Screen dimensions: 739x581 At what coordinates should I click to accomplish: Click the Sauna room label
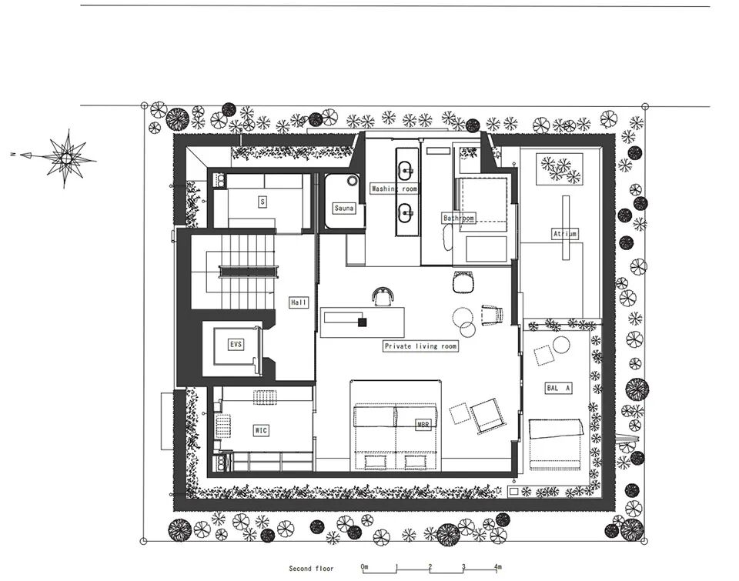pyautogui.click(x=343, y=208)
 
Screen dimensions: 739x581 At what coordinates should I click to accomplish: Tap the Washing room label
pyautogui.click(x=394, y=189)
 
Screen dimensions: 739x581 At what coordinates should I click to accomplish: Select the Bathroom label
pyautogui.click(x=459, y=219)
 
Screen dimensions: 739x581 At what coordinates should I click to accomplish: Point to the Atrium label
pyautogui.click(x=564, y=233)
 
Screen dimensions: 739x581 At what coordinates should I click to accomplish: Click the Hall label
pyautogui.click(x=299, y=302)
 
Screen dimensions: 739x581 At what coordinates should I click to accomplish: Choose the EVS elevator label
pyautogui.click(x=236, y=345)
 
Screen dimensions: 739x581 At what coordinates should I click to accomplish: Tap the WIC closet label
pyautogui.click(x=261, y=430)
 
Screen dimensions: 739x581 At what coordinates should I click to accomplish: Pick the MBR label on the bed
pyautogui.click(x=423, y=425)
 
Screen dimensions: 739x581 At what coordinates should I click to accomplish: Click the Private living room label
pyautogui.click(x=420, y=346)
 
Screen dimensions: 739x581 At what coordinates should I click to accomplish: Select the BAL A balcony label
pyautogui.click(x=559, y=389)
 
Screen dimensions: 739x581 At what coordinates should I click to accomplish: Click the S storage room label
pyautogui.click(x=262, y=202)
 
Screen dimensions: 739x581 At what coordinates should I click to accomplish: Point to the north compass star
pyautogui.click(x=66, y=158)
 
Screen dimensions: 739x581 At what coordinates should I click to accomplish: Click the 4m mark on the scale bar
pyautogui.click(x=498, y=566)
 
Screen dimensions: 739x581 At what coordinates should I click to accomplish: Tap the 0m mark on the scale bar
pyautogui.click(x=364, y=566)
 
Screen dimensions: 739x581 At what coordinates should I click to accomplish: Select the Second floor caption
pyautogui.click(x=311, y=569)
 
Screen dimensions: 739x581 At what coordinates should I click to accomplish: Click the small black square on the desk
pyautogui.click(x=363, y=322)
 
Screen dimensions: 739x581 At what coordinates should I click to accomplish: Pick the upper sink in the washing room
pyautogui.click(x=406, y=169)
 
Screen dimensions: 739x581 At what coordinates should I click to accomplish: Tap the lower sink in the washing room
pyautogui.click(x=406, y=213)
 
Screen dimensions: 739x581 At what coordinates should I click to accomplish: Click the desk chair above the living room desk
pyautogui.click(x=383, y=297)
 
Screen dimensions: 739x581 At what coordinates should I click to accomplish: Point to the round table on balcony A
pyautogui.click(x=561, y=345)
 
